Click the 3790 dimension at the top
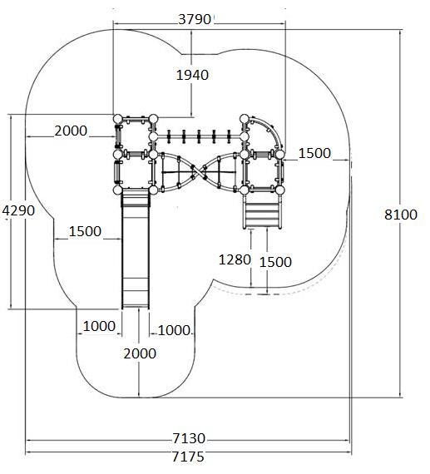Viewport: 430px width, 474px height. coord(194,19)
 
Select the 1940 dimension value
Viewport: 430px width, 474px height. coord(192,75)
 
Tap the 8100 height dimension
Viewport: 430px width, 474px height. coord(401,215)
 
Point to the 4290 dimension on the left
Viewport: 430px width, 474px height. coord(18,210)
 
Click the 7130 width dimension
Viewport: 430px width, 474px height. coord(189,438)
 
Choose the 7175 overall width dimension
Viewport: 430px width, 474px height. coord(188,457)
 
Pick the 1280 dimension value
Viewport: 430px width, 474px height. coord(235,259)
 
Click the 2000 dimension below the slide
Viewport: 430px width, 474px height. coord(140,353)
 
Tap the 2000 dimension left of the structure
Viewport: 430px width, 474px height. coord(71,131)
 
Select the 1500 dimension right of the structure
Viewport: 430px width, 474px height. coord(314,153)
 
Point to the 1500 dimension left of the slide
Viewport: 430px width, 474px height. coord(85,231)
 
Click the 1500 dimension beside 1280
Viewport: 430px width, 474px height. coord(275,262)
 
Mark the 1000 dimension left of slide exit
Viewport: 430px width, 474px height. coord(99,326)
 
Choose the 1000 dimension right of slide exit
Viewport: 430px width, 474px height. coord(174,330)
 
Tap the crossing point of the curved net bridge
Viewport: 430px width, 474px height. coord(198,171)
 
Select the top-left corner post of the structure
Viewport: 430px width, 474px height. coord(117,119)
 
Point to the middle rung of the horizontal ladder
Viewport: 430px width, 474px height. coord(199,136)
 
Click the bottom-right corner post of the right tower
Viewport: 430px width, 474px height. coord(280,190)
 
